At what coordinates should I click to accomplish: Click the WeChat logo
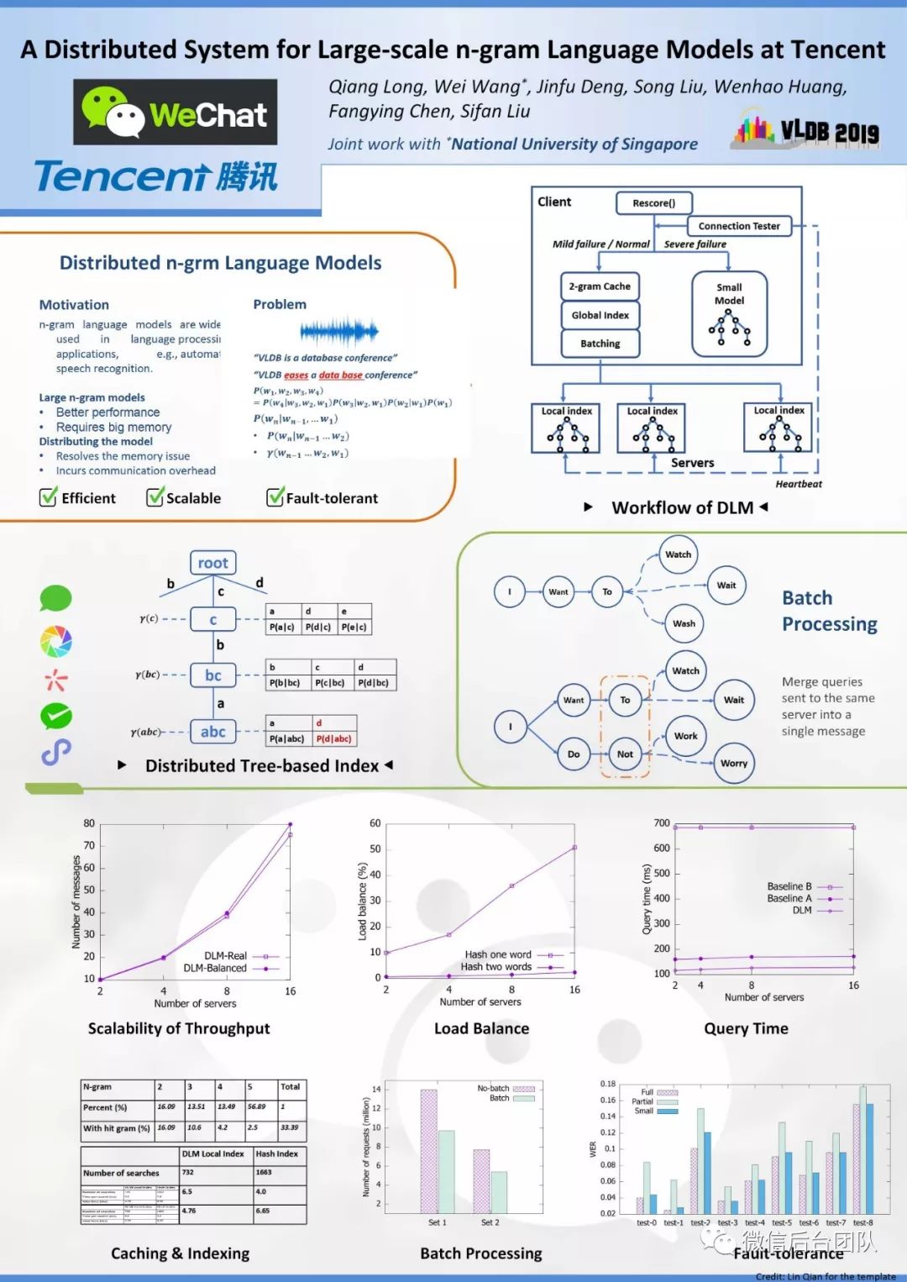pyautogui.click(x=175, y=113)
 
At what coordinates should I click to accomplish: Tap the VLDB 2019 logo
pyautogui.click(x=806, y=130)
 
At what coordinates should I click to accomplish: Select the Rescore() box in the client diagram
pyautogui.click(x=653, y=202)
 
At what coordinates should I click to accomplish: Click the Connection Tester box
pyautogui.click(x=739, y=226)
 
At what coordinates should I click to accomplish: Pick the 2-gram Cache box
pyautogui.click(x=600, y=286)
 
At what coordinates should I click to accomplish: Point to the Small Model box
pyautogui.click(x=729, y=313)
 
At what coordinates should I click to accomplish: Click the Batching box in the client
pyautogui.click(x=600, y=344)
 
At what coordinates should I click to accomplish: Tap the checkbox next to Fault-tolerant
pyautogui.click(x=275, y=497)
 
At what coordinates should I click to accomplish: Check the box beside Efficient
pyautogui.click(x=49, y=497)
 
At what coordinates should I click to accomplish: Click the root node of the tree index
pyautogui.click(x=212, y=563)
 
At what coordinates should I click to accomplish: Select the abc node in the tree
pyautogui.click(x=212, y=732)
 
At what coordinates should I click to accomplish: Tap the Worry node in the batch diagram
pyautogui.click(x=733, y=764)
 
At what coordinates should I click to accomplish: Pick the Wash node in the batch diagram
pyautogui.click(x=684, y=623)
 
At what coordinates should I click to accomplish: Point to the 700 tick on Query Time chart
pyautogui.click(x=662, y=823)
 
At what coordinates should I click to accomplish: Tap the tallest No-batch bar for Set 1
pyautogui.click(x=428, y=1151)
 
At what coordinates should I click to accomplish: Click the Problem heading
pyautogui.click(x=280, y=304)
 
